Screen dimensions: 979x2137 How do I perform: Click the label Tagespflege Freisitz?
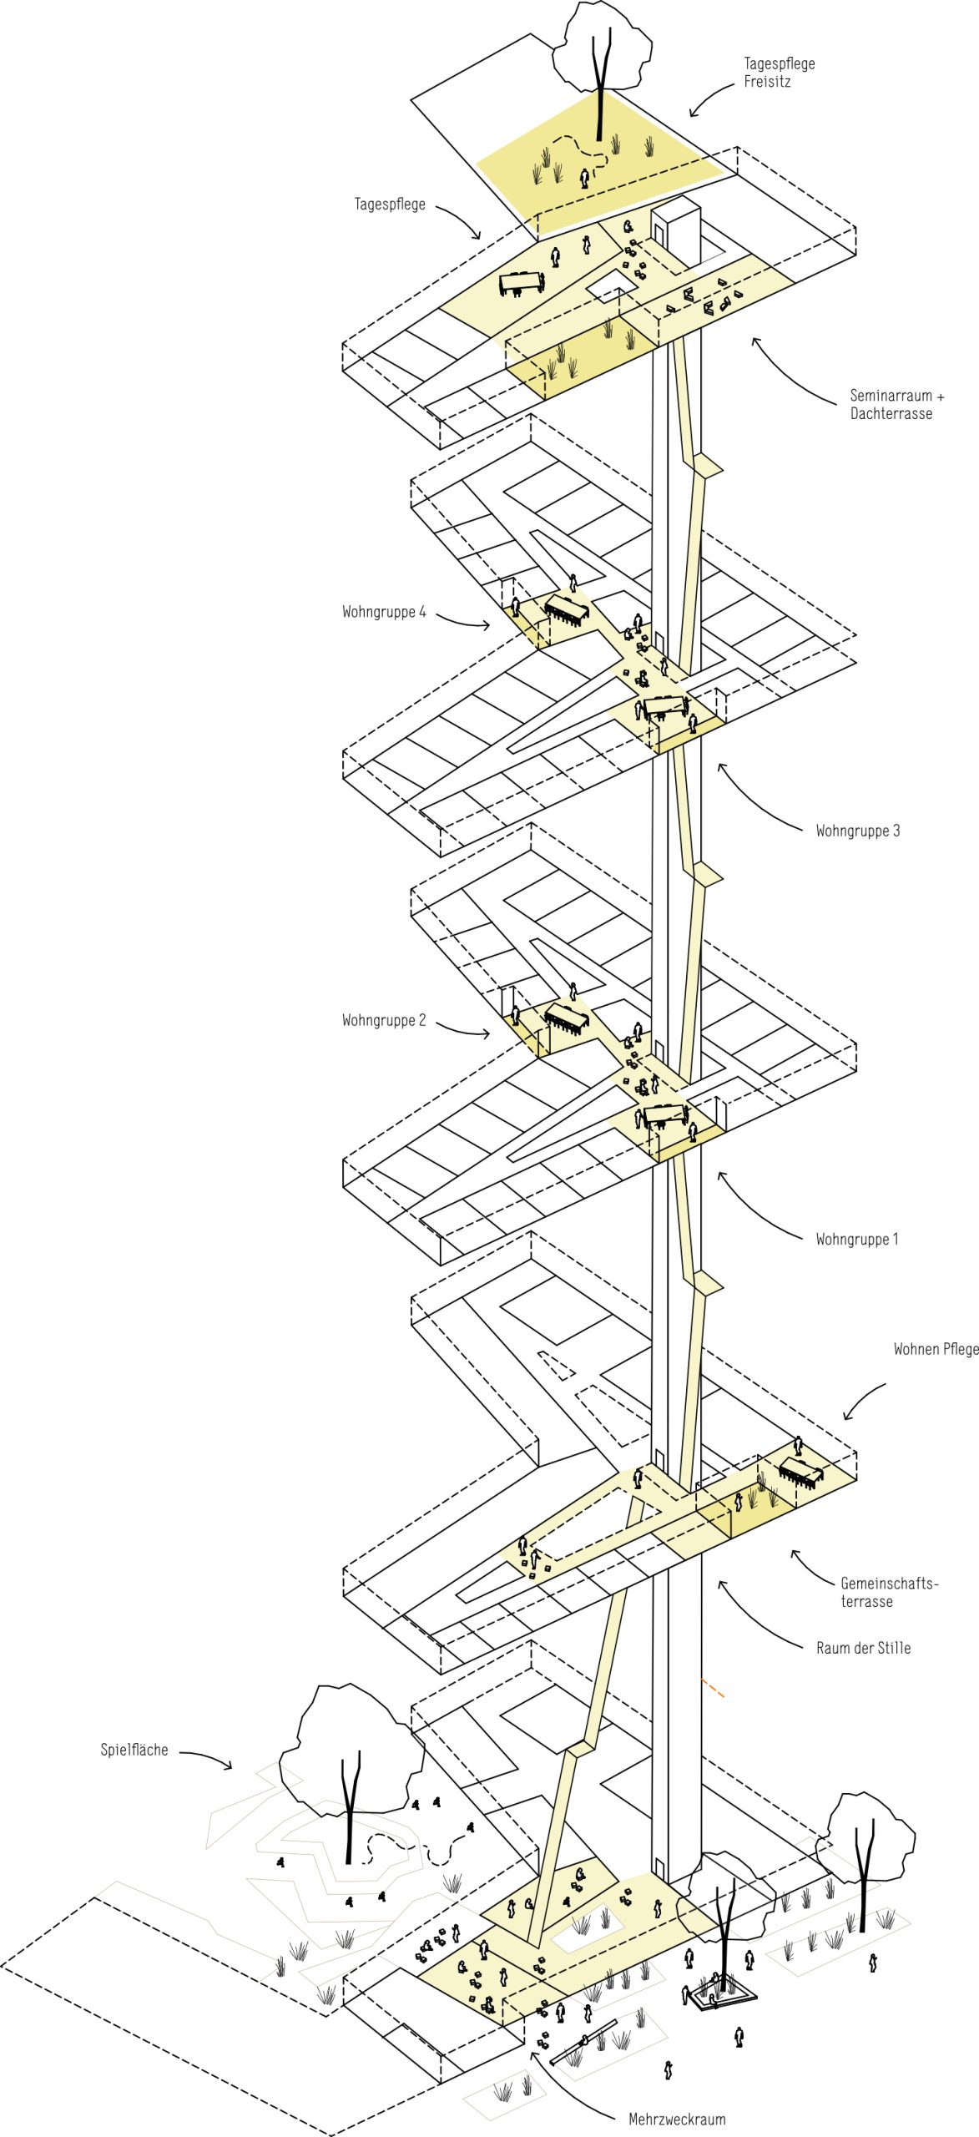click(779, 73)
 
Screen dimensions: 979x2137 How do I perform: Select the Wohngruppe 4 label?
click(384, 612)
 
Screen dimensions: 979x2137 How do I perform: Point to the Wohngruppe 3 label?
click(858, 831)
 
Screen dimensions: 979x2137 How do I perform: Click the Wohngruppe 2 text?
click(384, 1020)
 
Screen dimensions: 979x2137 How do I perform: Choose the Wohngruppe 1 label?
click(857, 1239)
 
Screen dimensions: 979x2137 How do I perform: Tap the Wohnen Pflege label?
click(936, 1349)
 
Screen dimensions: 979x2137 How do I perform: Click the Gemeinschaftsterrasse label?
click(889, 1592)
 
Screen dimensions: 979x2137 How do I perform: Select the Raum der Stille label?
click(863, 1648)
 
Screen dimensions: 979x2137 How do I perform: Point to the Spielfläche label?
click(134, 1750)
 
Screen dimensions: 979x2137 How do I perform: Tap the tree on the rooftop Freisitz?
click(598, 67)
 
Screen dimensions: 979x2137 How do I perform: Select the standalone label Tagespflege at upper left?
click(390, 205)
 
